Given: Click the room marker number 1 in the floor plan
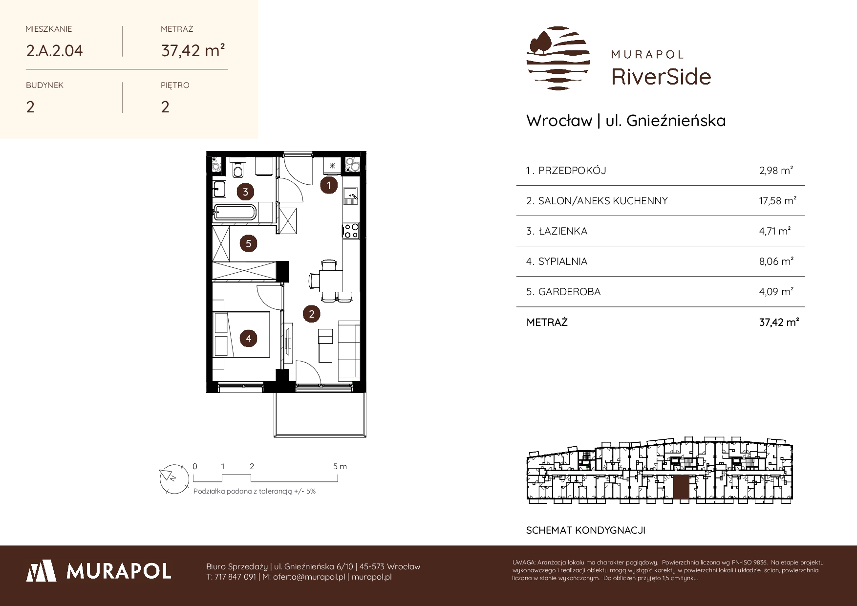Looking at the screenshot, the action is point(329,185).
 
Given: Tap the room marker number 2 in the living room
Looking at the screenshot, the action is point(312,314).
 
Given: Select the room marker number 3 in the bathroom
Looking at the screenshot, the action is point(245,192).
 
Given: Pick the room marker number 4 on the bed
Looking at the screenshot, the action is point(249,338).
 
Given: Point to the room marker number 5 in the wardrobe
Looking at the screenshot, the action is point(249,243).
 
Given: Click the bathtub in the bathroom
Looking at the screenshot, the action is point(235,213).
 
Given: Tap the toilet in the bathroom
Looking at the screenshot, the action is point(238,169).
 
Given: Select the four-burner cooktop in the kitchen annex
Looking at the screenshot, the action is point(351,230).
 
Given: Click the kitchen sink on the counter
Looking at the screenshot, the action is point(351,196).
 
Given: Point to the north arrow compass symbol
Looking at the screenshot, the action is point(174,477).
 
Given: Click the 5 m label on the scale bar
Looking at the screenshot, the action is point(340,466).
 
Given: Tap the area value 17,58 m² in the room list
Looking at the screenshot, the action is point(778,200).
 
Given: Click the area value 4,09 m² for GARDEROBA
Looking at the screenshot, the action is point(776,292).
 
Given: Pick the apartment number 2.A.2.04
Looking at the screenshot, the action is point(55,51).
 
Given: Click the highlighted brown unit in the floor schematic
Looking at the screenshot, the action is point(681,487).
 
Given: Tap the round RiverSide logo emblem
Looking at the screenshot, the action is point(558,58).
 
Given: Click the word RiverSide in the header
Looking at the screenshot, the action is point(661,77).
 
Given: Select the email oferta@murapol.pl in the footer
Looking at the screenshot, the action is point(309,577).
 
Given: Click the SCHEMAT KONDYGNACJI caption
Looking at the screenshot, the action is point(586,530).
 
